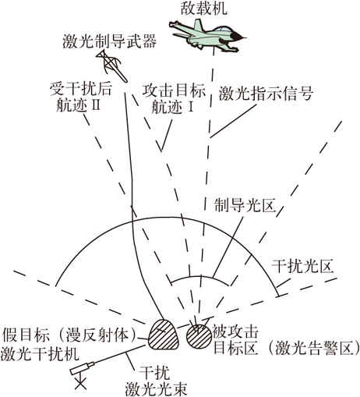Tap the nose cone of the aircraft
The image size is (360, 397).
tap(240, 37)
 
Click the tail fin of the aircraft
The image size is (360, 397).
tap(199, 26)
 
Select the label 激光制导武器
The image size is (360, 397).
tap(109, 41)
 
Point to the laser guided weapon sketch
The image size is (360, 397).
tap(111, 66)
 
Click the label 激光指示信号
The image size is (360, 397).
tap(266, 94)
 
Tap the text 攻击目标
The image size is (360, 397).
tap(174, 91)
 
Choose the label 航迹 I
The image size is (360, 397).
tap(172, 106)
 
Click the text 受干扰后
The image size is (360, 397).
tap(81, 89)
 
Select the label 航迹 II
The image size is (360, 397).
tap(78, 105)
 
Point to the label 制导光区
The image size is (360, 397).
tap(244, 206)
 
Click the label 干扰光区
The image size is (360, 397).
tap(302, 266)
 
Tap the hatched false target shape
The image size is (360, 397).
tap(163, 335)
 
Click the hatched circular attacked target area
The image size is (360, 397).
tap(199, 338)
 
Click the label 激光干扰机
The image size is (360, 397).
tap(40, 354)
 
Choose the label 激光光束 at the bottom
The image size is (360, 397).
tap(156, 389)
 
